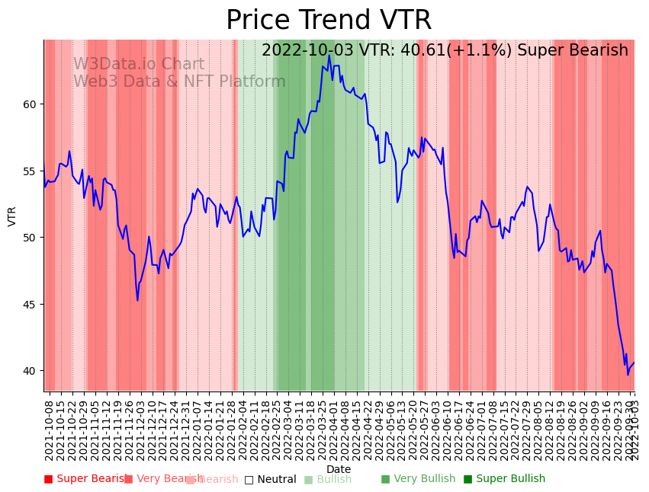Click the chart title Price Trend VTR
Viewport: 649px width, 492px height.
pos(329,21)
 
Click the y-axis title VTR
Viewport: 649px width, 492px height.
pos(12,216)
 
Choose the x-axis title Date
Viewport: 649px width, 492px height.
pos(339,469)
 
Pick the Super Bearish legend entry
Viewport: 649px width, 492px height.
pos(85,479)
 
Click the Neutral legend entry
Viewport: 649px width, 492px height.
pos(270,480)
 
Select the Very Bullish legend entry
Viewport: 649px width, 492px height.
pos(418,479)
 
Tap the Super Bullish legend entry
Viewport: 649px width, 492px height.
pos(504,479)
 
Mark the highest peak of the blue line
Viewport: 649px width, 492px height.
pos(329,55)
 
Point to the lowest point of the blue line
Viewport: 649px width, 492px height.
pos(628,375)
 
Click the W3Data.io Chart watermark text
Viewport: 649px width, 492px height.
pos(139,65)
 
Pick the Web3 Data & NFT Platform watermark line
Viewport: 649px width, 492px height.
pos(179,81)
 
